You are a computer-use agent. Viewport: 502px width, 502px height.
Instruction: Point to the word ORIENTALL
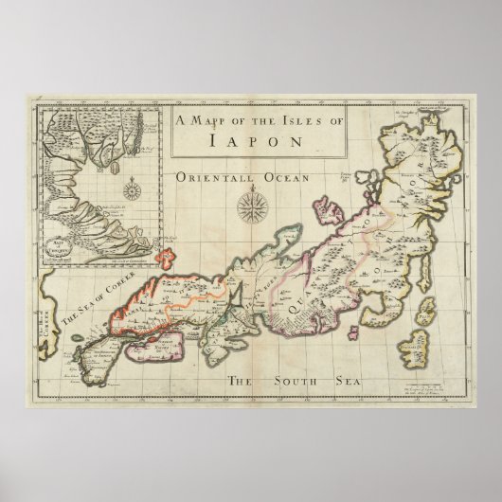tap(209, 177)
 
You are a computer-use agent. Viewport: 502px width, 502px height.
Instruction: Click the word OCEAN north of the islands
tap(279, 177)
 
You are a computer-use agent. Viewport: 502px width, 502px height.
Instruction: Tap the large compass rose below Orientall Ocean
tap(251, 204)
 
